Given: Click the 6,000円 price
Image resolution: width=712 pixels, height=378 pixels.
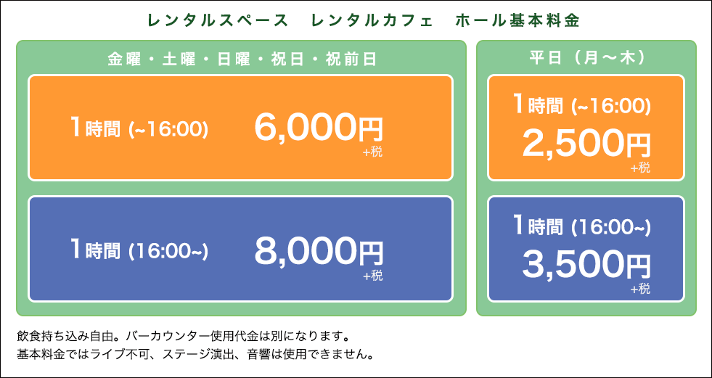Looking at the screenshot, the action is click(319, 128).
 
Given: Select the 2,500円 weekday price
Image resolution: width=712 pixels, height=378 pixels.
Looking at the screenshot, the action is click(586, 142).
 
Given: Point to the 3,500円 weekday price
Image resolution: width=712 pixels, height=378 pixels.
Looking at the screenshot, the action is click(586, 266).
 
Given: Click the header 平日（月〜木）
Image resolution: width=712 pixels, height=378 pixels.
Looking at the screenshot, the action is click(586, 58).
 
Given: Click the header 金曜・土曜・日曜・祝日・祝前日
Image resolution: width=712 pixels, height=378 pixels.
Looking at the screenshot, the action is click(242, 59).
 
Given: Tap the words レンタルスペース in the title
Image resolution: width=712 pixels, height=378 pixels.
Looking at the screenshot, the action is click(218, 21).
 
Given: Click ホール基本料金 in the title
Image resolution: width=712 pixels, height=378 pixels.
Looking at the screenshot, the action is click(518, 21).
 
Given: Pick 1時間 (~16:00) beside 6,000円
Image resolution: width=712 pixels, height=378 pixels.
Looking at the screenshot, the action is click(139, 128).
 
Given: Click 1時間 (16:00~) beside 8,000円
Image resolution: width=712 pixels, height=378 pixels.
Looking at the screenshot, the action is click(139, 250).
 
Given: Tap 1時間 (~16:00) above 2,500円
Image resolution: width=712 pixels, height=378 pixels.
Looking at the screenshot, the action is click(581, 104).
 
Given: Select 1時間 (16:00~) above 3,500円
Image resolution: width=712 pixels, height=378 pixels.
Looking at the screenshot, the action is click(581, 226).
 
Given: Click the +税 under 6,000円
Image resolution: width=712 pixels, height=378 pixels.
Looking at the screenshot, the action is click(373, 152).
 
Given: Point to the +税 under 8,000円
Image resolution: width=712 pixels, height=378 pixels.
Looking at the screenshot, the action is click(373, 276).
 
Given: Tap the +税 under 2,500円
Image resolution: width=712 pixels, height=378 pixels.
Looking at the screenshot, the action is click(640, 168).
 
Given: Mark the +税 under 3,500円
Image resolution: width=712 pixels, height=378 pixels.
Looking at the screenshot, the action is click(640, 289).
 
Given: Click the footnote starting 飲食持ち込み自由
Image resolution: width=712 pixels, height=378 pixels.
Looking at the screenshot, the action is click(183, 337).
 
